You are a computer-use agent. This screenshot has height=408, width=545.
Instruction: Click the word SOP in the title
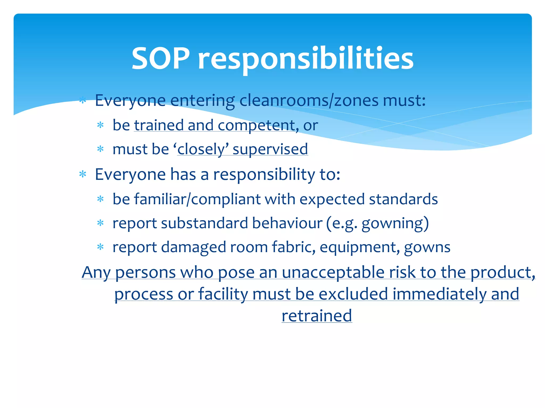point(161,58)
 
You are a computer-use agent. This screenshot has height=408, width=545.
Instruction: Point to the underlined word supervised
point(270,149)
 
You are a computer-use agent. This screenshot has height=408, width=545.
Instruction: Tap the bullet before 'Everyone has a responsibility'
point(83,175)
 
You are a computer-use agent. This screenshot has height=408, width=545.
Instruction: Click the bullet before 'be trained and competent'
point(100,125)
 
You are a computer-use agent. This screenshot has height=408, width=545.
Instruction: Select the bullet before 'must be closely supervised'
point(100,149)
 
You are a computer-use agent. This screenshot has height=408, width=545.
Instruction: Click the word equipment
point(360,247)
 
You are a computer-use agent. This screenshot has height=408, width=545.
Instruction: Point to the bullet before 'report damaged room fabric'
point(100,247)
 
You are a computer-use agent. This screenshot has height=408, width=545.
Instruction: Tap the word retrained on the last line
point(317,316)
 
